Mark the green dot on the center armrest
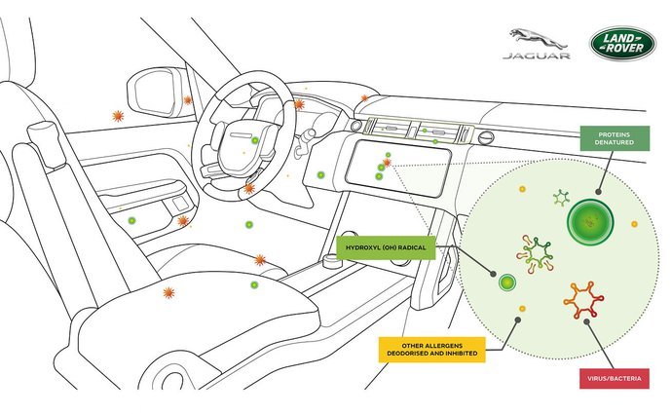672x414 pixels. pos(254,284)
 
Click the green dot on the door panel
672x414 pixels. pos(132,222)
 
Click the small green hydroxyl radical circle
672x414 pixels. pos(505,283)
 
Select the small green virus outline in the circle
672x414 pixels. pos(560,199)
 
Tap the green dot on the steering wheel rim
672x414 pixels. pos(255,141)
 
